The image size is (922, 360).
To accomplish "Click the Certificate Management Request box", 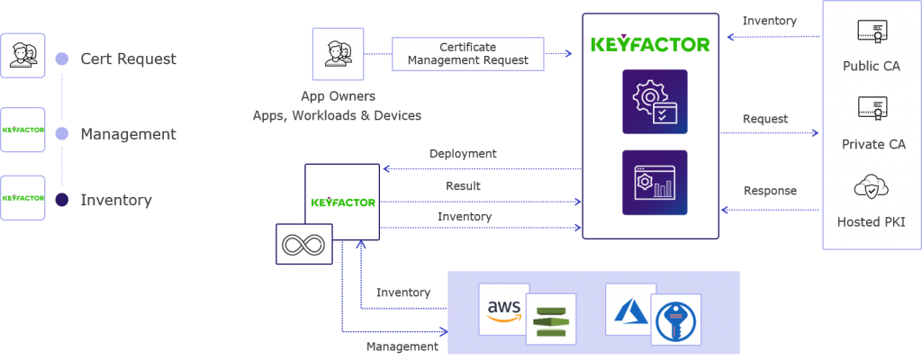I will pyautogui.click(x=467, y=54).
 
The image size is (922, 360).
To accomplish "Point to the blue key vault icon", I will pyautogui.click(x=675, y=320).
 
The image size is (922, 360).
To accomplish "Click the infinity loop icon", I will pyautogui.click(x=303, y=243).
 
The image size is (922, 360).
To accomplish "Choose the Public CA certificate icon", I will pyautogui.click(x=871, y=33).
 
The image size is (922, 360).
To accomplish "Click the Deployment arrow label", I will pyautogui.click(x=463, y=154).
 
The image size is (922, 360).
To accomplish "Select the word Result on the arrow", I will pyautogui.click(x=463, y=186).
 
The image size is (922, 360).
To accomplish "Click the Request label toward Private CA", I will pyautogui.click(x=765, y=119).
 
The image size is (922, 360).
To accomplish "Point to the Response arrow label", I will pyautogui.click(x=770, y=191).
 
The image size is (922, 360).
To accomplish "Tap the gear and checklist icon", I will pyautogui.click(x=654, y=102).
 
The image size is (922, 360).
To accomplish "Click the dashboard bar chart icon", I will pyautogui.click(x=654, y=183).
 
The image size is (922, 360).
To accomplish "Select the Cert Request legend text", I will pyautogui.click(x=128, y=59).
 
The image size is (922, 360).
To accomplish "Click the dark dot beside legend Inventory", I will pyautogui.click(x=61, y=200).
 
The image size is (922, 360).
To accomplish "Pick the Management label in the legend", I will pyautogui.click(x=128, y=134).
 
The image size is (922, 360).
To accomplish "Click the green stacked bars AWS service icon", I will pyautogui.click(x=550, y=320).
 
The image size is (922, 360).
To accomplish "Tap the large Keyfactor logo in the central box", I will pyautogui.click(x=649, y=43).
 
